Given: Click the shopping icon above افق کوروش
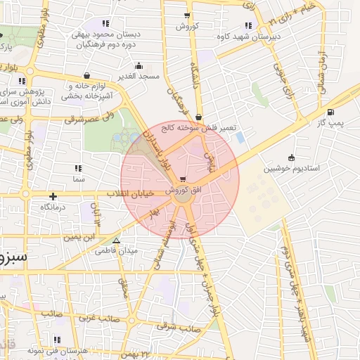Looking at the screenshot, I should [x=184, y=179].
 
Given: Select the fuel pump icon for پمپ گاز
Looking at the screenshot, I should [x=330, y=111].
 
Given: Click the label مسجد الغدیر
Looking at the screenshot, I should [x=139, y=75].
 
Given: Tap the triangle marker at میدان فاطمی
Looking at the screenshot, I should [x=117, y=240].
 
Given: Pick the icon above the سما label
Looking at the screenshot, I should [x=78, y=168].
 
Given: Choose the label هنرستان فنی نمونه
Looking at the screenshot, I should [x=56, y=350].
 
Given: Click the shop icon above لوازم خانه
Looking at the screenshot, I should [x=86, y=75].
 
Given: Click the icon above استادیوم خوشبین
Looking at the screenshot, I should [x=291, y=157].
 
